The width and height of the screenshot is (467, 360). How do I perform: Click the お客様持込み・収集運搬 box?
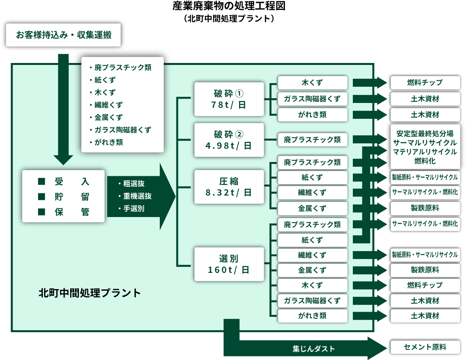[63, 35]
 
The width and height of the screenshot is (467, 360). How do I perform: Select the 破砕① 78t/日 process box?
[229, 99]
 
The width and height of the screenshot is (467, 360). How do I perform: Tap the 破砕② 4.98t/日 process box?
[229, 140]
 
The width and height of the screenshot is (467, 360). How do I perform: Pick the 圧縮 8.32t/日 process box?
[229, 187]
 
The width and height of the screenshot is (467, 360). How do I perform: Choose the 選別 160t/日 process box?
[229, 264]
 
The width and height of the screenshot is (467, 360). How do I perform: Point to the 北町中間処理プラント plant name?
[90, 293]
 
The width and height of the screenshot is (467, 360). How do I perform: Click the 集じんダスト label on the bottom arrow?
[314, 349]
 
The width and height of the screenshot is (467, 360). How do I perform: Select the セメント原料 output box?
[425, 347]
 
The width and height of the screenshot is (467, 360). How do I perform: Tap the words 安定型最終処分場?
[425, 133]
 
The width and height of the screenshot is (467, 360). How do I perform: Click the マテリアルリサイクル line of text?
[425, 152]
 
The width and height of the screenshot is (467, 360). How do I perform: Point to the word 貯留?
[72, 197]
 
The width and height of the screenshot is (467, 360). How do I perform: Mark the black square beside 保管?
[41, 212]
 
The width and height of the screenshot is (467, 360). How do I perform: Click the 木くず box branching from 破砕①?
[312, 83]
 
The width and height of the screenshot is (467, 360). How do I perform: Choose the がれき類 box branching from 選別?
[312, 316]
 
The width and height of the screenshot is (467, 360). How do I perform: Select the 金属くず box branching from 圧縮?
[312, 208]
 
